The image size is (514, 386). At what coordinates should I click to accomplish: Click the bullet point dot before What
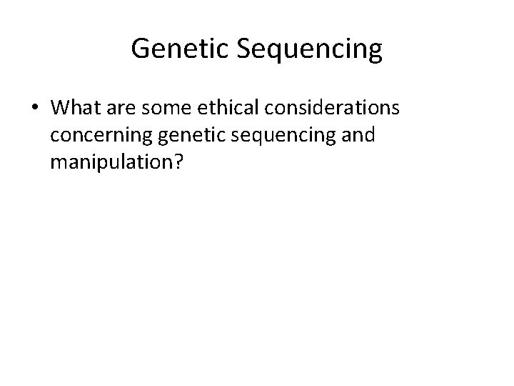pyautogui.click(x=36, y=108)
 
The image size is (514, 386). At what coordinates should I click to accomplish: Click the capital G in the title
pyautogui.click(x=141, y=49)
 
